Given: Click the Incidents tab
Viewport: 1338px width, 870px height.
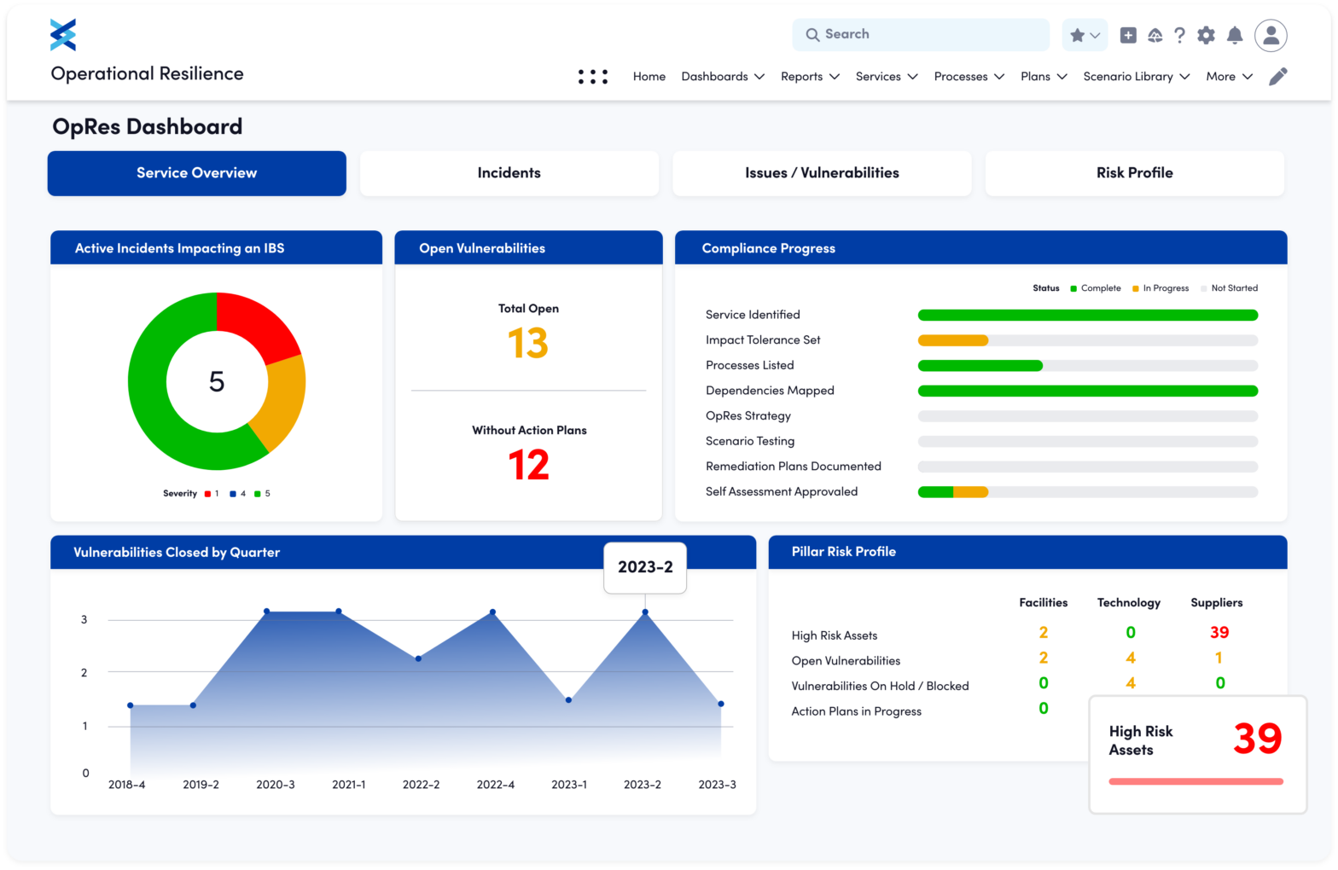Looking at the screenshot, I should click(509, 173).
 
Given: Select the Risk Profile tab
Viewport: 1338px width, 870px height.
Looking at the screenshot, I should click(1134, 173).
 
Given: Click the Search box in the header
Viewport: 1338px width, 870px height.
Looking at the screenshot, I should click(921, 35).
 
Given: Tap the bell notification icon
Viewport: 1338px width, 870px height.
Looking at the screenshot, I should click(1234, 35).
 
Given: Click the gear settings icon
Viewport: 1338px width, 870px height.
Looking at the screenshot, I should click(1206, 35).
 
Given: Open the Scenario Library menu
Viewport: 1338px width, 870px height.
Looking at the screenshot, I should click(1136, 77).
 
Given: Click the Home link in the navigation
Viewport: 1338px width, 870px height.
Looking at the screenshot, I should click(649, 77).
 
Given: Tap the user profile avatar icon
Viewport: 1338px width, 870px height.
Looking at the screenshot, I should click(1271, 35).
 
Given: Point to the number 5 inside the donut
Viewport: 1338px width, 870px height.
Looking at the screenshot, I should click(217, 381).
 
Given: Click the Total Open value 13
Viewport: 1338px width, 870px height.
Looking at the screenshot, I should click(528, 343).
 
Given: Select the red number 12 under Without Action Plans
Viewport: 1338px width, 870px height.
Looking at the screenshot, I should click(528, 466).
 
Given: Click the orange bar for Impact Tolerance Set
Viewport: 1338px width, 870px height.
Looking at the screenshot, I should click(952, 340).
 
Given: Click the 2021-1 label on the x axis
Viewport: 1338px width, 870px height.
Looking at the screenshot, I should click(349, 785).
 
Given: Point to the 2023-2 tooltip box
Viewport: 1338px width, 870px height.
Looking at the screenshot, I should click(645, 567).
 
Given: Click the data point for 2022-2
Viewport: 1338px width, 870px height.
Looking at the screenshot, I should click(418, 658).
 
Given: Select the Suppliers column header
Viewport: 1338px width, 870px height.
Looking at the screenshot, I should click(1216, 603).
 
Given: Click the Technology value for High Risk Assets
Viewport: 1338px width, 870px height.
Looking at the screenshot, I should click(1131, 633).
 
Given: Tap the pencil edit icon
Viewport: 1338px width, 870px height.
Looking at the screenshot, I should click(1277, 77).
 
